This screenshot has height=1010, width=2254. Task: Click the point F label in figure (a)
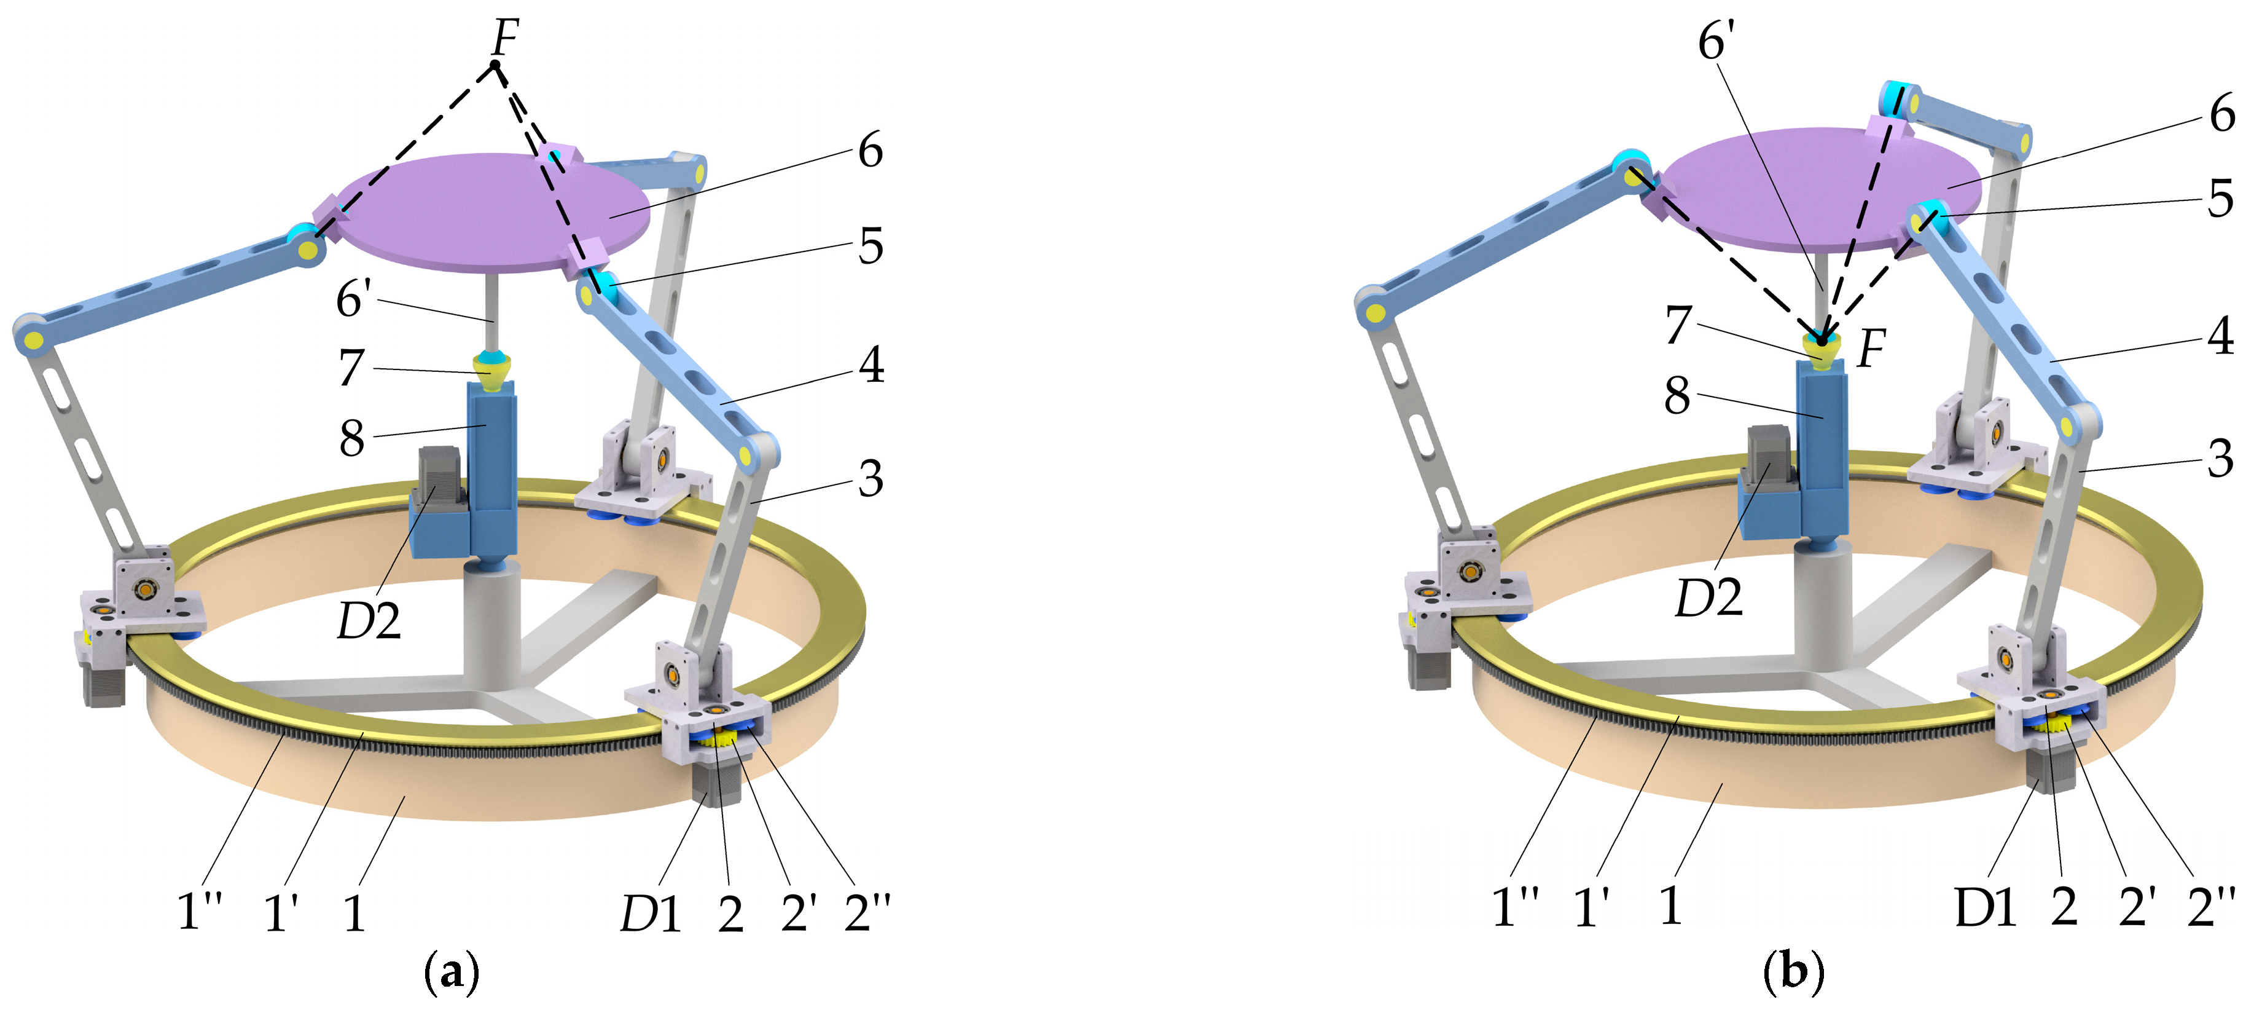tap(506, 37)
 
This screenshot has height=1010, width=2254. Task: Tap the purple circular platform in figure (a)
tap(493, 213)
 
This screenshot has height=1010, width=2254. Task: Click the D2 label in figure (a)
tap(369, 620)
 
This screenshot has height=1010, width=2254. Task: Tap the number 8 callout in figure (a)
tap(352, 438)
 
